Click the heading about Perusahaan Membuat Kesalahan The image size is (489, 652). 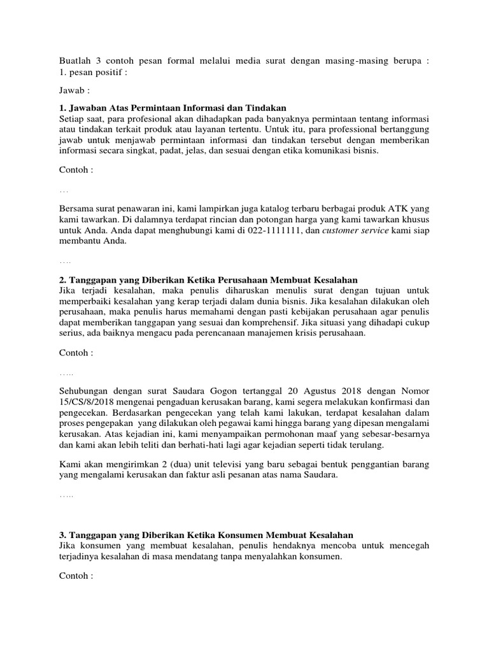208,280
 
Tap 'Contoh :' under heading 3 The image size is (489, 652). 76,576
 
